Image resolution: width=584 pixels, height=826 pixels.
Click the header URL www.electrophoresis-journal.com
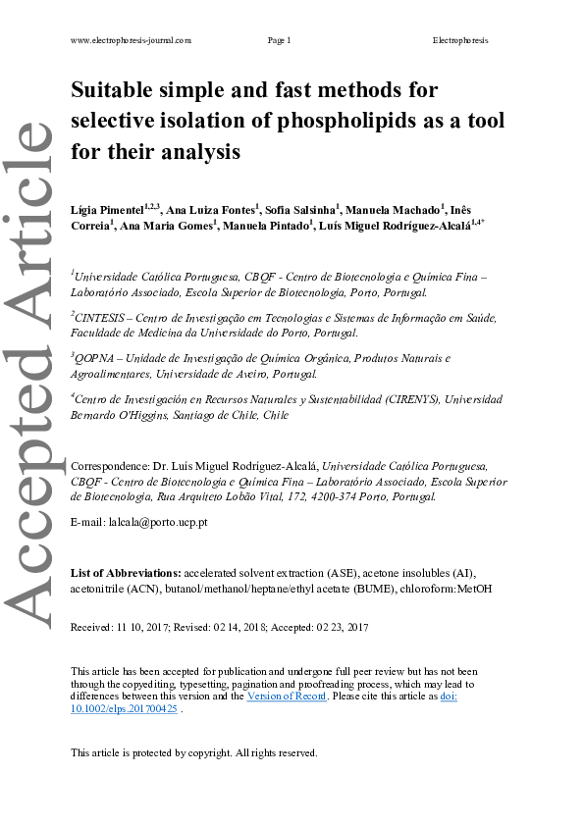pyautogui.click(x=131, y=40)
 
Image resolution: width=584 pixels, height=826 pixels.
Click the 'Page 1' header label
pyautogui.click(x=279, y=40)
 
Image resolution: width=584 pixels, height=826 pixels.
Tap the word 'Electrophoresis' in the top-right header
pyautogui.click(x=459, y=40)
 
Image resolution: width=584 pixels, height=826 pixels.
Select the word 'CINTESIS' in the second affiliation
pyautogui.click(x=100, y=319)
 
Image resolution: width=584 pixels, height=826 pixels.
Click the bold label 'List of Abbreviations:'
pyautogui.click(x=126, y=572)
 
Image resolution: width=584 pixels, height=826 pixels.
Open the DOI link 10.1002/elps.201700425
pyautogui.click(x=125, y=708)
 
